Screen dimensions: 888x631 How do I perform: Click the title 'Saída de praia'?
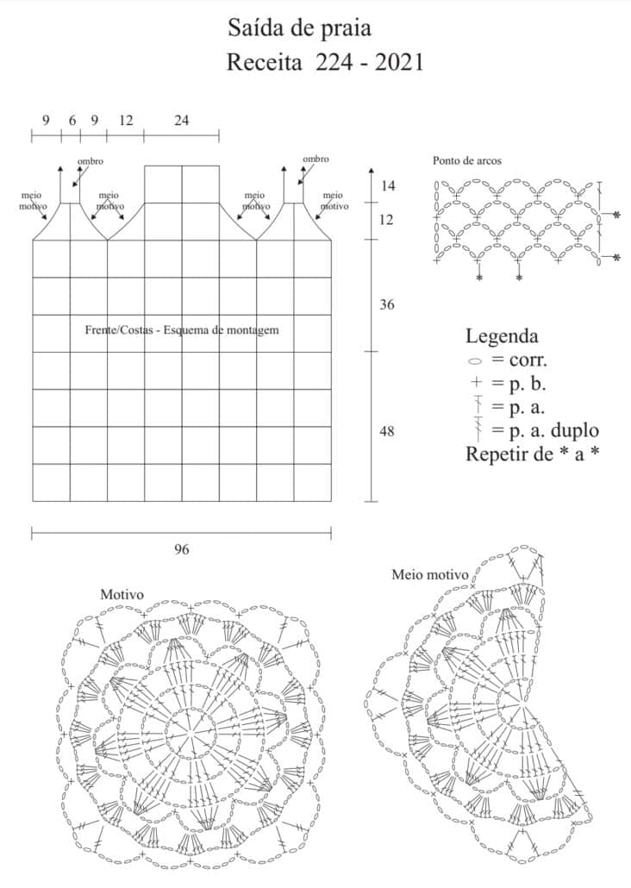[x=299, y=28]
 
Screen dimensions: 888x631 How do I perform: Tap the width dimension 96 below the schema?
[x=181, y=549]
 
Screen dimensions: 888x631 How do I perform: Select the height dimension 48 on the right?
[x=387, y=431]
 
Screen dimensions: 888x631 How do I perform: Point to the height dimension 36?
[x=387, y=305]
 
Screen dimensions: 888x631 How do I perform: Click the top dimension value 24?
[x=181, y=121]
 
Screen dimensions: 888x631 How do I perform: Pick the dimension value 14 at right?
[x=387, y=186]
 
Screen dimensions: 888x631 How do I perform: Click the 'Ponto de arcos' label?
[x=466, y=161]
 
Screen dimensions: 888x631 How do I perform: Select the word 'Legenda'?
[x=502, y=336]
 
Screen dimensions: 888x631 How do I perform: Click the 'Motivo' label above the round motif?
[x=122, y=595]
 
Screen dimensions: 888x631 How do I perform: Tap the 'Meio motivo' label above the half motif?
[x=429, y=574]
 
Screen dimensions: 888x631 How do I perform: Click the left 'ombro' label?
[x=91, y=161]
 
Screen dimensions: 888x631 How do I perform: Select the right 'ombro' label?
[x=315, y=159]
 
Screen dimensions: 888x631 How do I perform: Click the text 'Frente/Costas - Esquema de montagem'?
[x=182, y=330]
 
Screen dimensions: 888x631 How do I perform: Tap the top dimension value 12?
[x=126, y=121]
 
